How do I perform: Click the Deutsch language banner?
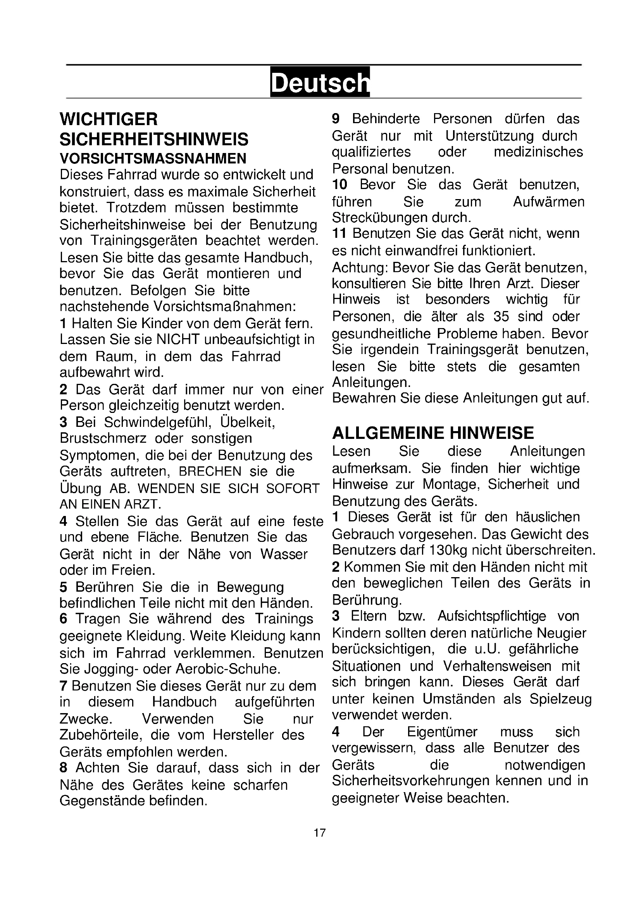tap(320, 82)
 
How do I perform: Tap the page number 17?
tap(320, 833)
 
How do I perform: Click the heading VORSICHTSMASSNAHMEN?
tap(153, 158)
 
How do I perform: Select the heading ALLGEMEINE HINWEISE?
tap(433, 433)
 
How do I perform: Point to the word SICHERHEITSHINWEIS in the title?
tap(154, 139)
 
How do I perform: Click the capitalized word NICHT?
tap(178, 339)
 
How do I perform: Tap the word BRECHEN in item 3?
tap(210, 471)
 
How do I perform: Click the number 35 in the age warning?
tap(501, 316)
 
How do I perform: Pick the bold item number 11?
tap(339, 234)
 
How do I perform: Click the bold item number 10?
tap(339, 184)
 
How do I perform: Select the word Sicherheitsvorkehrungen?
tap(410, 781)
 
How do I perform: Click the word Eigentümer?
tap(442, 732)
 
